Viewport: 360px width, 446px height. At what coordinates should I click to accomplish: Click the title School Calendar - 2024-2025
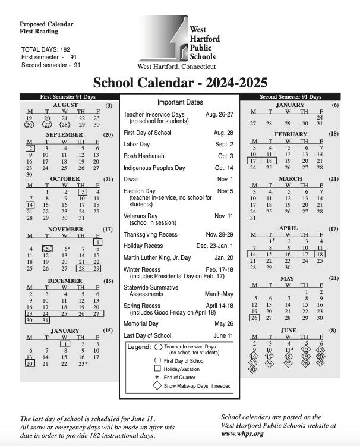180,83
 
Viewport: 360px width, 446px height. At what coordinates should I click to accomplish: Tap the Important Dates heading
180,102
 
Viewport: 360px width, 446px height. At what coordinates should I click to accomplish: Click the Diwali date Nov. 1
225,179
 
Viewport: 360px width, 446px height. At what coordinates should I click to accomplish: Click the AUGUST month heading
65,105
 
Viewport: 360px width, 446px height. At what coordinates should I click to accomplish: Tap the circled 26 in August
29,124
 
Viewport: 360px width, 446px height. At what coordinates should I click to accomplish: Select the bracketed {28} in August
64,124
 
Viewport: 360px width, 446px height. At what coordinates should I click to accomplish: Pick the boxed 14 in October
29,204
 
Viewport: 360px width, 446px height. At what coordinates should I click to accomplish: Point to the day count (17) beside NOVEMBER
108,229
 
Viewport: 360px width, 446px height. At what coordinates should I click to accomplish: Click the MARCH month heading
290,178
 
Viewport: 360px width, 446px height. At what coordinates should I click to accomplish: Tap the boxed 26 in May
254,318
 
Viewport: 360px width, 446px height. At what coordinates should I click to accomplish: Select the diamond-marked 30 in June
253,369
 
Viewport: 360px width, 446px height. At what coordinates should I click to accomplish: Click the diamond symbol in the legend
157,385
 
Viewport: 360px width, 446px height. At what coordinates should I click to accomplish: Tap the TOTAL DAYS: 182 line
46,49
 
